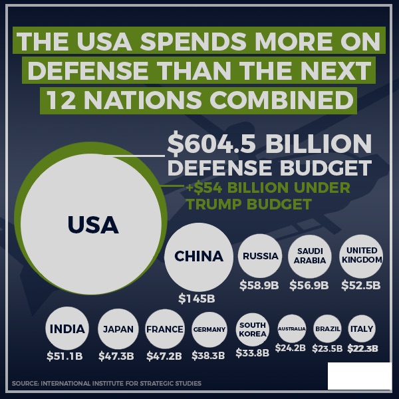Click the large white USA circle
pos(92,224)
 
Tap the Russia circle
pos(260,256)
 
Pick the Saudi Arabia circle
pos(311,256)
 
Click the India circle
pos(66,329)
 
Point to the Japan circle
pos(118,329)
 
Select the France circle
pos(164,329)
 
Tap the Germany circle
pos(209,329)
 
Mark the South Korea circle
pos(253,329)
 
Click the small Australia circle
pos(291,329)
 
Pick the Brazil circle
pos(327,329)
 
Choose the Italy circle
pos(362,329)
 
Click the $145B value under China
pos(196,299)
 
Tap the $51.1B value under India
pos(65,356)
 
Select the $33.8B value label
pos(252,353)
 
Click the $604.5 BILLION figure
pos(269,144)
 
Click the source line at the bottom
pos(106,384)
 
